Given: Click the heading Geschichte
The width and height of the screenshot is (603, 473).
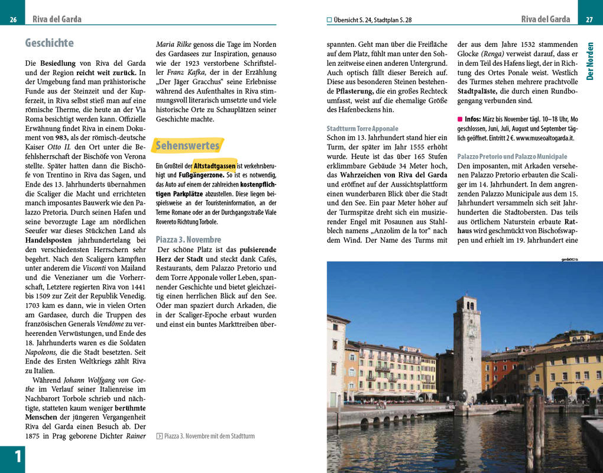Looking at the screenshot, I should [50, 43].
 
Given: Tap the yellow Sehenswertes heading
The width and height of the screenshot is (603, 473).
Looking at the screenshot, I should [187, 145].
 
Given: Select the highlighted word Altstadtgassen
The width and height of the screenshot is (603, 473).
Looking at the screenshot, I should [215, 166].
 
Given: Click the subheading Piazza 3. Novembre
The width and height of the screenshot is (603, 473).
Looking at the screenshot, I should [188, 239].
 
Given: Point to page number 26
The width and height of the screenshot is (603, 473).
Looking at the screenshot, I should [13, 20].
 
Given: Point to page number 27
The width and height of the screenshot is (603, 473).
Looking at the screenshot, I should [589, 20].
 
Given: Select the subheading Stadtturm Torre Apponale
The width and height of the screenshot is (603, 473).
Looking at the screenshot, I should [362, 128].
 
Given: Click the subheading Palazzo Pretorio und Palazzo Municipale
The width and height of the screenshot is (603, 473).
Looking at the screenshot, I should [512, 156].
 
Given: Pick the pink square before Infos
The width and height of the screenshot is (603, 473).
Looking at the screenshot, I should [460, 119].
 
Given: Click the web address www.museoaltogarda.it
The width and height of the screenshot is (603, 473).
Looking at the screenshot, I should [544, 138].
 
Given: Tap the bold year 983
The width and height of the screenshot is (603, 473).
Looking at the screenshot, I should [61, 137].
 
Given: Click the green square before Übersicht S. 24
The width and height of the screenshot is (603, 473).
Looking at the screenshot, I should [329, 20].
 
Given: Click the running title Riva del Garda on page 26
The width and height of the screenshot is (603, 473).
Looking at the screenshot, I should [57, 20].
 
